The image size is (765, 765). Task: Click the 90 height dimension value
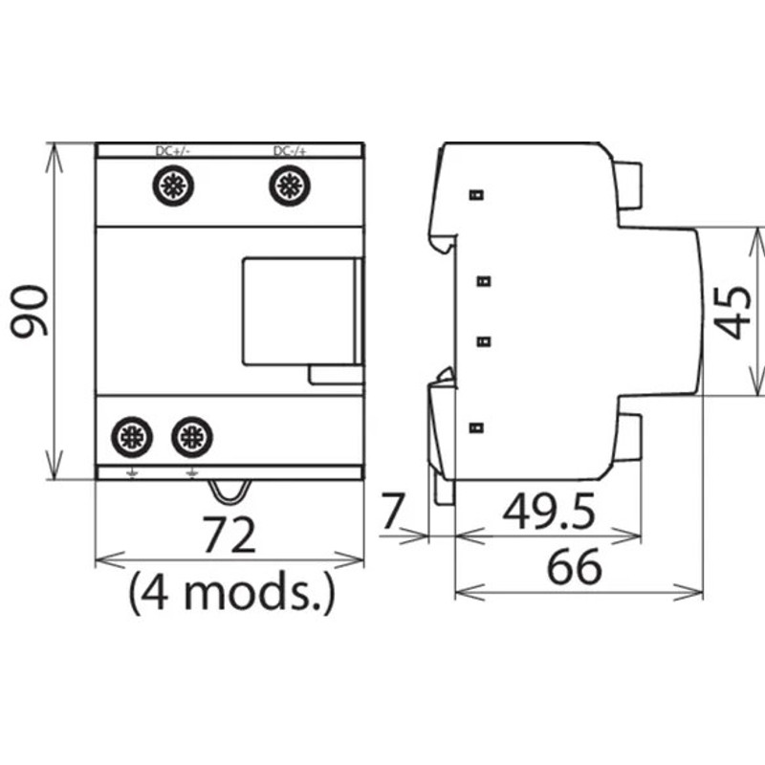[29, 312]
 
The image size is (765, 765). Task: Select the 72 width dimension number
[229, 535]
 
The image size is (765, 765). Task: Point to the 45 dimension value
[734, 312]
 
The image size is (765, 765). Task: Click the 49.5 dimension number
[549, 514]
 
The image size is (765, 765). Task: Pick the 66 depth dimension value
[574, 568]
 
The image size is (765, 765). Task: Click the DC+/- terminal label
[172, 151]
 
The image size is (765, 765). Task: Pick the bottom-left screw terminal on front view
[131, 438]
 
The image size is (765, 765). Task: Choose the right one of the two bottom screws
[192, 438]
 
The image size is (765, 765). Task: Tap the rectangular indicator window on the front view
[299, 311]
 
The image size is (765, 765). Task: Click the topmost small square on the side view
[475, 195]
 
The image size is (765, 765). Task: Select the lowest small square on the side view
[475, 427]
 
